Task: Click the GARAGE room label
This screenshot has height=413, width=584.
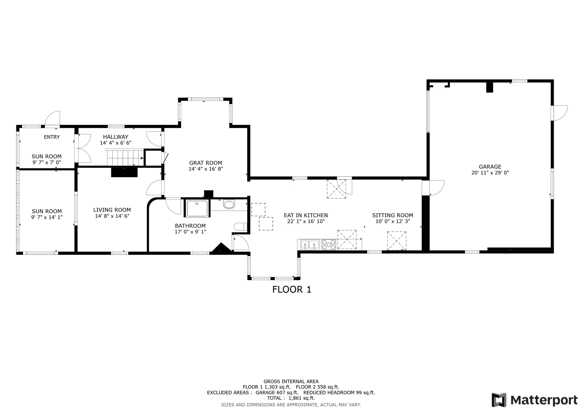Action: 490,167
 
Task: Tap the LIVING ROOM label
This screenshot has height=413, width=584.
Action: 112,210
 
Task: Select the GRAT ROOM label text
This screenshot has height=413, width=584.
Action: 206,163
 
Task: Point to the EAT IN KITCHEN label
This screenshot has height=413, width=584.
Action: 306,215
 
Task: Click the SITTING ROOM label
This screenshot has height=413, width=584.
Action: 392,215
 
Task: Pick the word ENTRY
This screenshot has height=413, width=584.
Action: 52,137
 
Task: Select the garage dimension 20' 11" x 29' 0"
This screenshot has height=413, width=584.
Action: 490,173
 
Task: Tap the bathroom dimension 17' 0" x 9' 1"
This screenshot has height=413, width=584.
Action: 190,232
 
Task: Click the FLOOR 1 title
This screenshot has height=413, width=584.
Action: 292,289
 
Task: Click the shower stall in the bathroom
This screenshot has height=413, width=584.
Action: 197,208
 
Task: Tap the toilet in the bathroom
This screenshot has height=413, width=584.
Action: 241,226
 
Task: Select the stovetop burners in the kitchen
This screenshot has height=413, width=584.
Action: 329,245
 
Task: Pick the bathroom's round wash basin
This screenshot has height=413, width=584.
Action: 229,204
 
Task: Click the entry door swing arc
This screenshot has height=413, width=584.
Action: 52,118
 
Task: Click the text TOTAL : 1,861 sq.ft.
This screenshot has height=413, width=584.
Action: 291,398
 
